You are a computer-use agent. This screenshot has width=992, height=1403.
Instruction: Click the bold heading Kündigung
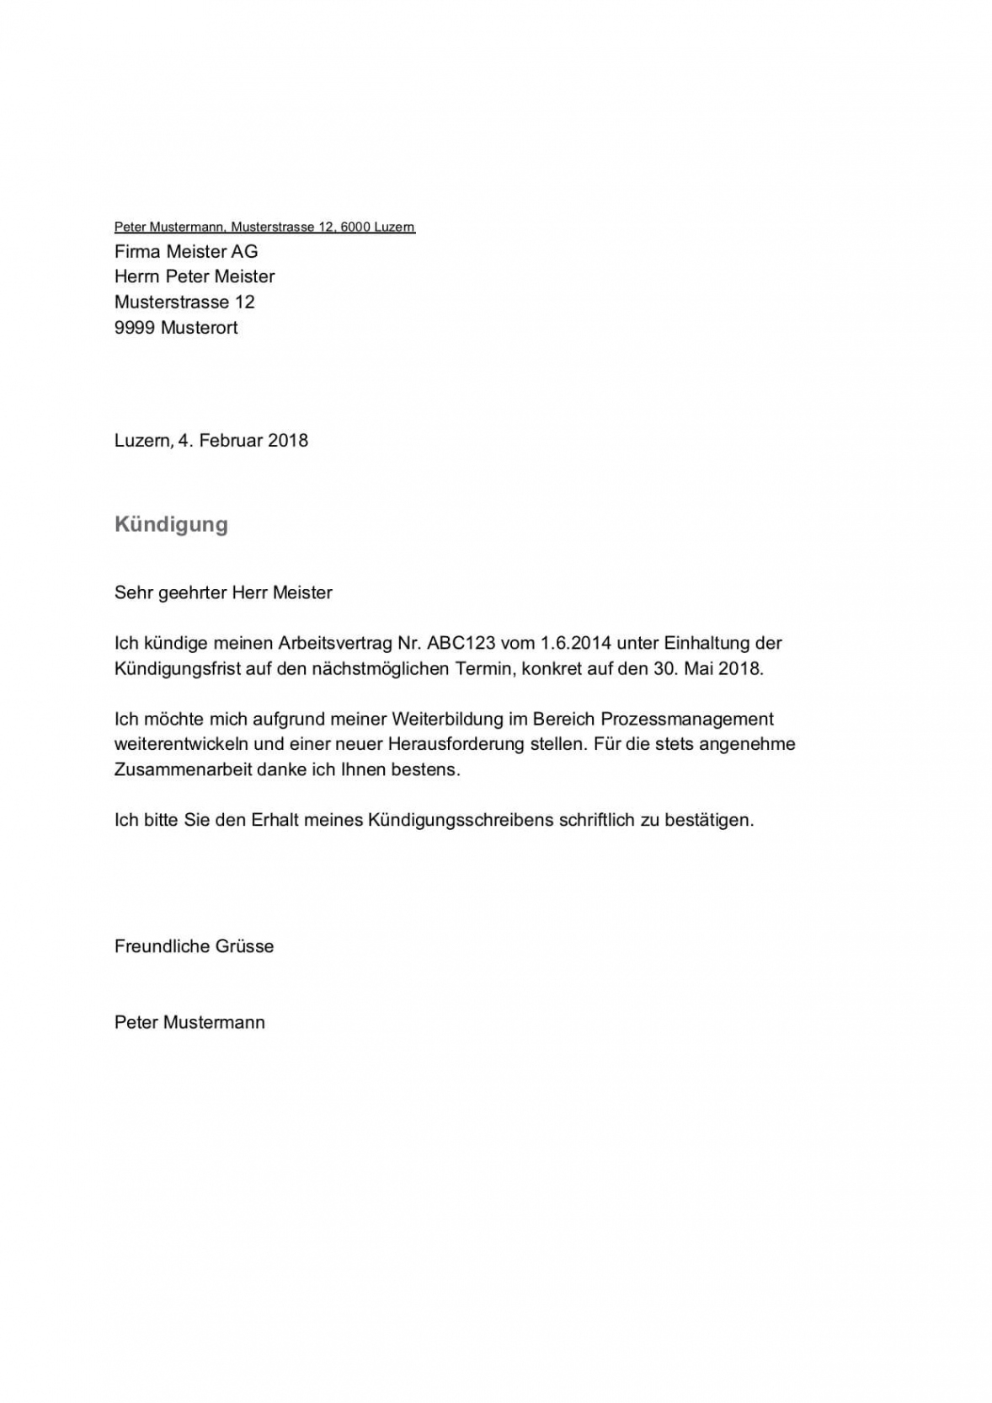pos(171,524)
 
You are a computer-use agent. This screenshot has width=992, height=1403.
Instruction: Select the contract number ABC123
pos(461,643)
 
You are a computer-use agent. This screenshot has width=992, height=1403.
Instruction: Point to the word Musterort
pos(199,328)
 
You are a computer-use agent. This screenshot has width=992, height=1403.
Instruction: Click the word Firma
pos(137,251)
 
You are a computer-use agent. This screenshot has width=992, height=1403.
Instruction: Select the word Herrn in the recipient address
pos(136,276)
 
